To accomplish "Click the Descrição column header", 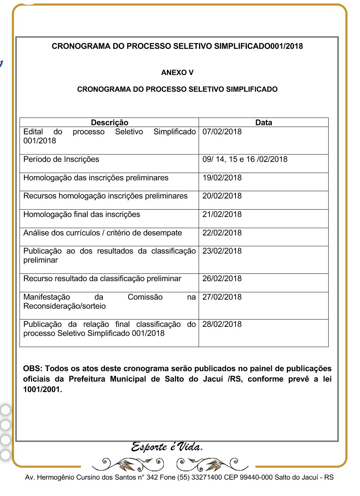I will tap(109, 122).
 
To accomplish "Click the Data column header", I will tap(263, 122).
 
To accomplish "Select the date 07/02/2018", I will tap(222, 132).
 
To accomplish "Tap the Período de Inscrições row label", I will tap(61, 159).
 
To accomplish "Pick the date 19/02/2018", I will tap(222, 178).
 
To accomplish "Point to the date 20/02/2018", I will tap(222, 196).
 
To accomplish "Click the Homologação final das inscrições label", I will tap(82, 215).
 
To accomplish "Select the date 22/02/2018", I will tap(222, 233).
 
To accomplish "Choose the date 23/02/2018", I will tap(222, 251).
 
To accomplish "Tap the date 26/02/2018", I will tap(222, 279).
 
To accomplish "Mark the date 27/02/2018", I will tap(222, 297).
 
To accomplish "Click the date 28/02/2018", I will tap(222, 324).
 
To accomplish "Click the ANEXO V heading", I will tap(177, 73).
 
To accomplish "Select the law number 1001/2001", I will tap(42, 390).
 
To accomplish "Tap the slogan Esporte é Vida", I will tap(167, 447).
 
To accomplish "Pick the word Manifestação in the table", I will tap(47, 297).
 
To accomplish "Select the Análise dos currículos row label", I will tap(102, 233).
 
